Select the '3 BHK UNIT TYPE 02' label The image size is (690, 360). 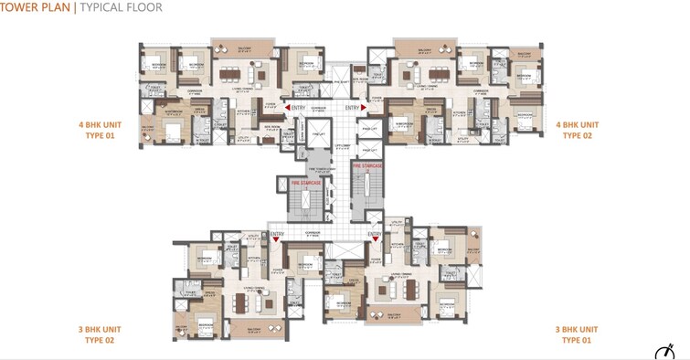106,334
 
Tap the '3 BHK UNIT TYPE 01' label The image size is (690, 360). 578,334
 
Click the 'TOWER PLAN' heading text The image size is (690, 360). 37,8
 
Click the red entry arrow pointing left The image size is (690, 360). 289,108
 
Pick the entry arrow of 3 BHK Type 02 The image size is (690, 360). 276,240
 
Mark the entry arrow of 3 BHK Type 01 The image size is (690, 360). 374,240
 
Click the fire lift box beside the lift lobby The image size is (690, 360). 319,136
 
